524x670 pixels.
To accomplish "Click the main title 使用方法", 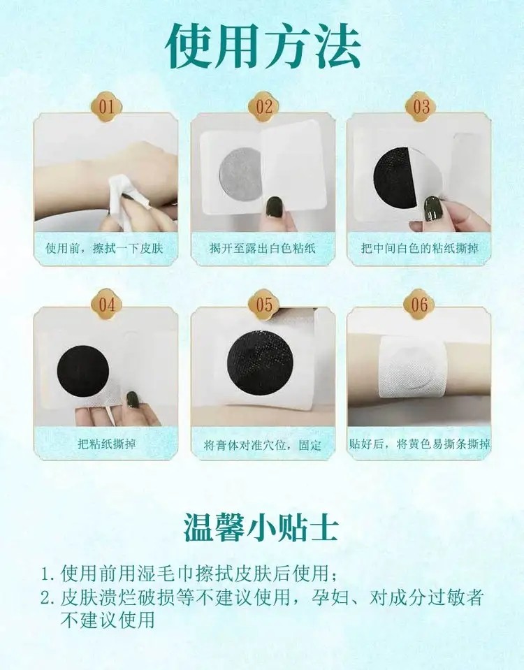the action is click(x=263, y=46).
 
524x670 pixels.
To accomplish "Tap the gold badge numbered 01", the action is click(x=106, y=106).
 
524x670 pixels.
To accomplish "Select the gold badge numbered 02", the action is click(x=263, y=106).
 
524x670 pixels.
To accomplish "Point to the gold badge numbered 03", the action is click(x=421, y=106).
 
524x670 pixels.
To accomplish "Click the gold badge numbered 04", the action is click(x=106, y=304).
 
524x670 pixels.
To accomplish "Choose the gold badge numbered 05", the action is click(x=263, y=304).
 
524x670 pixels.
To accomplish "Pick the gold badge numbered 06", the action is click(x=419, y=304).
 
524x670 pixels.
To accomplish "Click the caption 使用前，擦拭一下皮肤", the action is click(x=104, y=248).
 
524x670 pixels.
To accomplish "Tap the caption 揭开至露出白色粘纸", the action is click(x=263, y=248).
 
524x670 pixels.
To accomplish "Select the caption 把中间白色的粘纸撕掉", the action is click(x=420, y=248).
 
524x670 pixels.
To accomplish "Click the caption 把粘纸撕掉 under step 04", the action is click(x=106, y=444).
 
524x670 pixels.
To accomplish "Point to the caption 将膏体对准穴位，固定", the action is click(x=263, y=445).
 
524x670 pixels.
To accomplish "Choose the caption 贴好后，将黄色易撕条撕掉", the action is click(x=420, y=444).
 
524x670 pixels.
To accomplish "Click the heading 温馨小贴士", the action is click(x=261, y=528).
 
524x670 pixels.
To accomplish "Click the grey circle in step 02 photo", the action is click(x=240, y=173).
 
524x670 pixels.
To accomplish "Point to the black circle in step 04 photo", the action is click(x=83, y=370).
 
